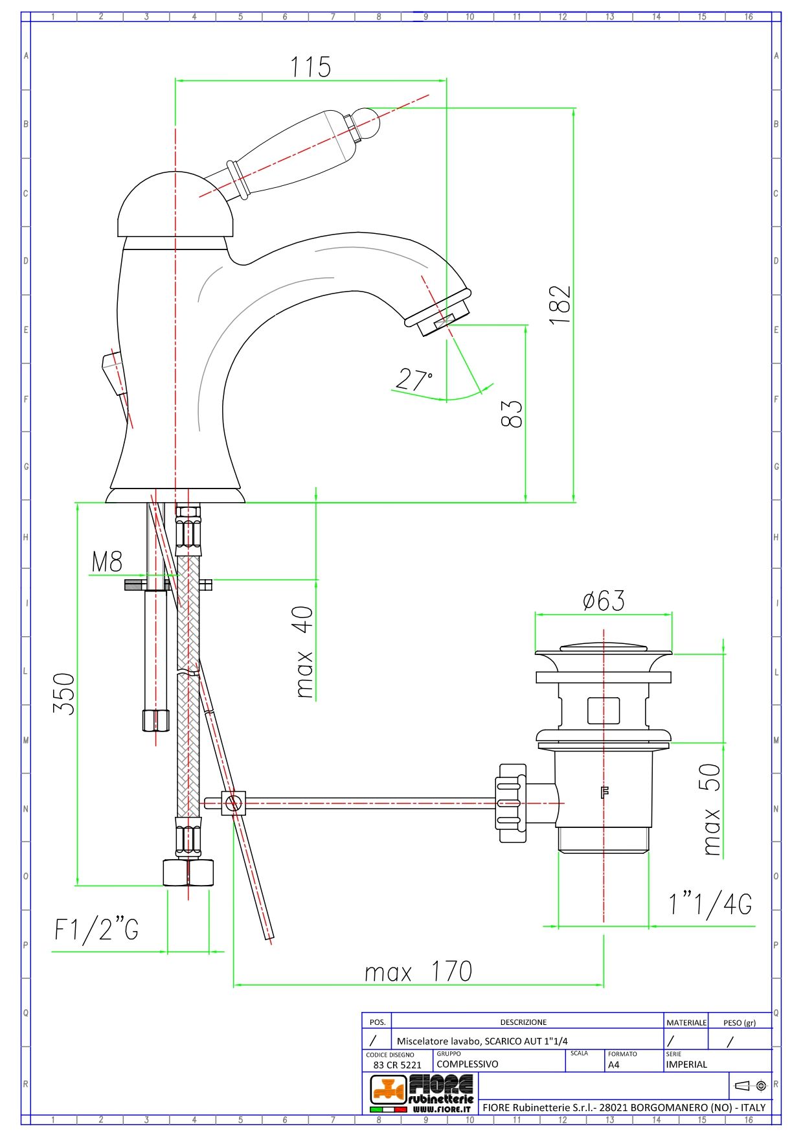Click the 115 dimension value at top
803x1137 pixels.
311,67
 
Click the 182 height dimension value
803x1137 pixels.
561,304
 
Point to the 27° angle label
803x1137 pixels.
414,379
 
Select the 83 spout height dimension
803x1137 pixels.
512,413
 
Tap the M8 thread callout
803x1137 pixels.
107,561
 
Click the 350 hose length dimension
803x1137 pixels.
64,693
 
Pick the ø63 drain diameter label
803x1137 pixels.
604,601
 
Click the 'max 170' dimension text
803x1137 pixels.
418,971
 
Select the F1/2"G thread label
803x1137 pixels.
96,930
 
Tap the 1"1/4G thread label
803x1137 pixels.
710,904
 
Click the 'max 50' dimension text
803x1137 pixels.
711,810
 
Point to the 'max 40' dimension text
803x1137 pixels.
304,652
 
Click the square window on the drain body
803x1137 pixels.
604,710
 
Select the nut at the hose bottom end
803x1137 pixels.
188,872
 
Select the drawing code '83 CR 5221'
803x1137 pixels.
397,1064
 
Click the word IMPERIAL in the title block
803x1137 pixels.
686,1064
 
